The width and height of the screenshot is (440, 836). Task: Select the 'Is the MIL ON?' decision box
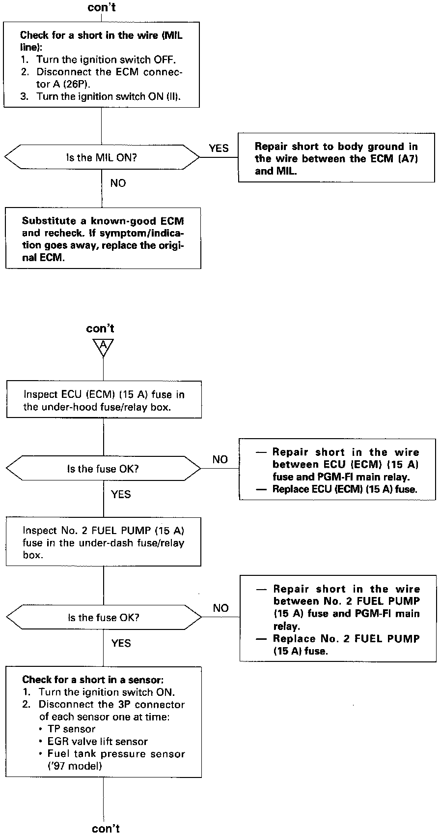102,158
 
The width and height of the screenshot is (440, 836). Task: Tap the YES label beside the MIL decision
219,148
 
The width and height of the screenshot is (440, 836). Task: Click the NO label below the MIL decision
118,183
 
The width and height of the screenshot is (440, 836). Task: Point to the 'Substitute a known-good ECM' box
103,239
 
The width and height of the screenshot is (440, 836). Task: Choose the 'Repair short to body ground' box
336,158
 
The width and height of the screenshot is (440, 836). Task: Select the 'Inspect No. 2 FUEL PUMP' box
103,542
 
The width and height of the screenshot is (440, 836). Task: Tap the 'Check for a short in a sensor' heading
93,680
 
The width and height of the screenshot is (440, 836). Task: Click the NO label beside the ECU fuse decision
220,459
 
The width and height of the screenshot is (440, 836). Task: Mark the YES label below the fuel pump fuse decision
121,643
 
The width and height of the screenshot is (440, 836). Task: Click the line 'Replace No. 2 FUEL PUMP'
346,639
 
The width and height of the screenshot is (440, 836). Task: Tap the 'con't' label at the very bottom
106,828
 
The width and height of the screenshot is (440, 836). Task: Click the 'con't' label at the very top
102,7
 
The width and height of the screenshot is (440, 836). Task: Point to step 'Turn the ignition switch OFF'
106,60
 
